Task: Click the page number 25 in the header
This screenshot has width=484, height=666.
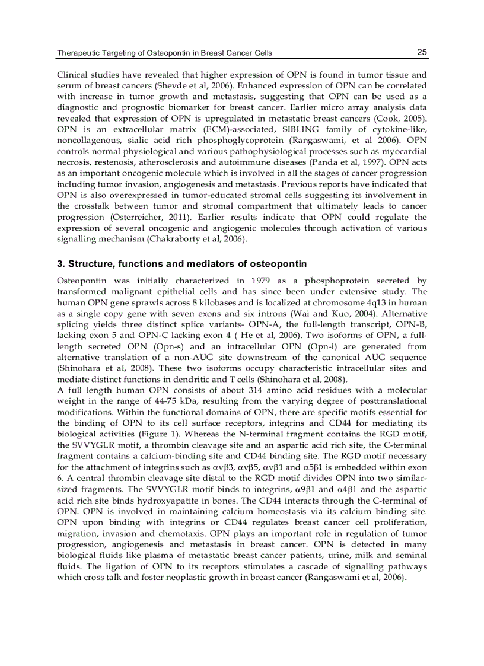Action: click(422, 52)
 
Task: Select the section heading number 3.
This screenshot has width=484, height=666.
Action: click(60, 263)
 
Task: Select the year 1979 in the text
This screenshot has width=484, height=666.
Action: click(263, 281)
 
